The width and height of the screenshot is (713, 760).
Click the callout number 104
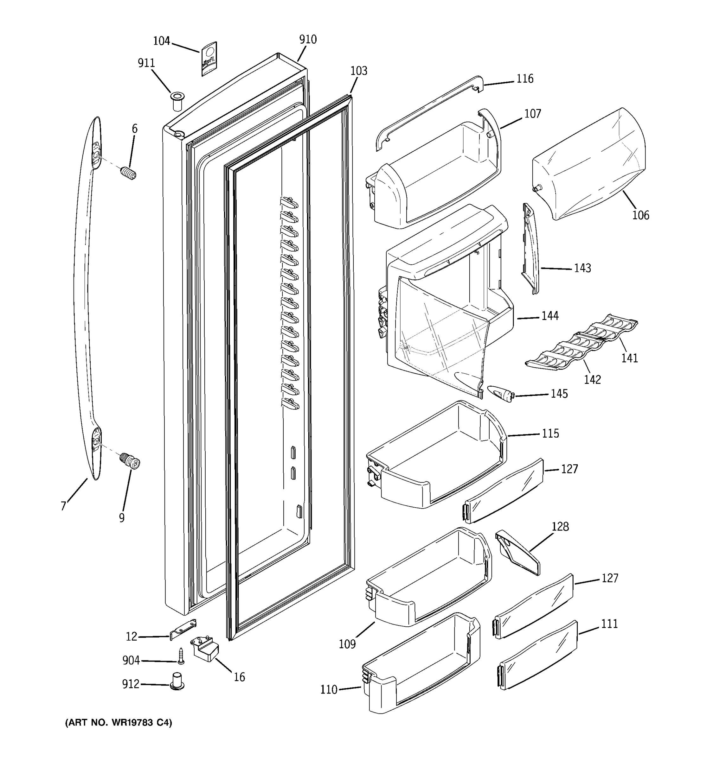pos(161,41)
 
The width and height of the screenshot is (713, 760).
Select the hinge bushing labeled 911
pos(177,101)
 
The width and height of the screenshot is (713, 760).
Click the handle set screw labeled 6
pos(129,173)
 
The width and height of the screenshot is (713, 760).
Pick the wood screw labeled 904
pos(181,657)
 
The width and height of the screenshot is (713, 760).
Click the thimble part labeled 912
pos(177,682)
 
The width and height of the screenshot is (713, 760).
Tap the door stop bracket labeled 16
pos(205,648)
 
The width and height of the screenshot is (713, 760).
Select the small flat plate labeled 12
pos(183,629)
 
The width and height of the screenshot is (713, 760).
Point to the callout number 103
pos(358,71)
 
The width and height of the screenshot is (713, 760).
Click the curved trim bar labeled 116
pos(428,111)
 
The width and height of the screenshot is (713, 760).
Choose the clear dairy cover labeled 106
pos(589,164)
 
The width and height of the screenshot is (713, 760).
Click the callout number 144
pos(550,316)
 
